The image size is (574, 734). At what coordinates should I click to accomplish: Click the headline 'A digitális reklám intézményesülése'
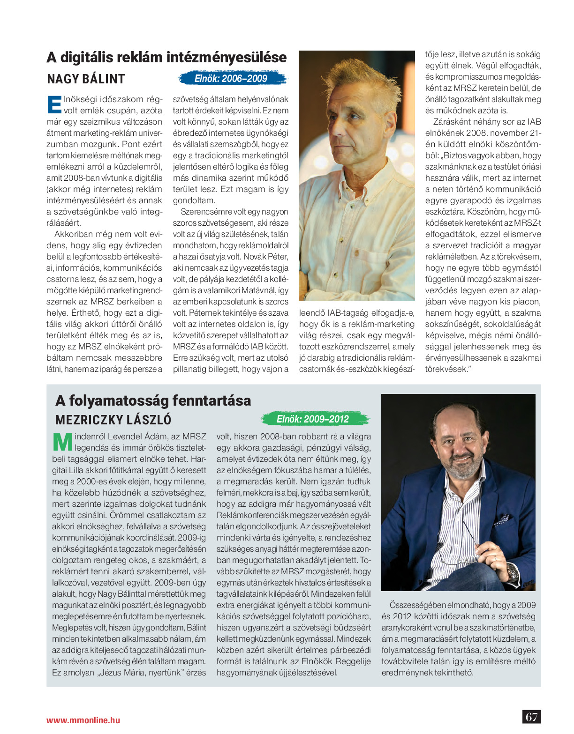click(166, 58)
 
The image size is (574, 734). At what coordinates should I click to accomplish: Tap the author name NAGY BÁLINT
click(86, 79)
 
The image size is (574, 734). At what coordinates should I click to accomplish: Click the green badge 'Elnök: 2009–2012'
click(313, 419)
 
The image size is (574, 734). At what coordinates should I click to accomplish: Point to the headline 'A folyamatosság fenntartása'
click(153, 400)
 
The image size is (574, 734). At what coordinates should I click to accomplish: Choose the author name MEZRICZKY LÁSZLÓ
click(113, 419)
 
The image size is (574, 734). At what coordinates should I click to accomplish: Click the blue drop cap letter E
click(54, 104)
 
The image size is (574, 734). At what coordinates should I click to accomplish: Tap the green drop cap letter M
click(62, 442)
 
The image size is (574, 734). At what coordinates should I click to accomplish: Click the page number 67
click(531, 717)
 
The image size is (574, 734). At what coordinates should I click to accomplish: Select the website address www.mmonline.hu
click(83, 720)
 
